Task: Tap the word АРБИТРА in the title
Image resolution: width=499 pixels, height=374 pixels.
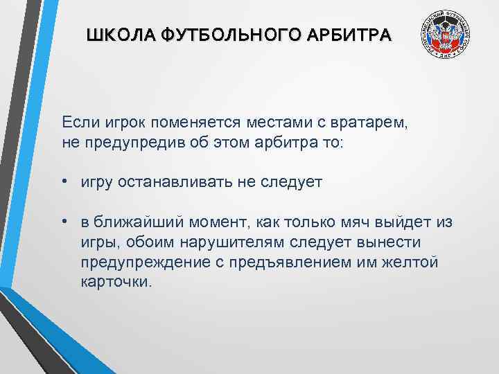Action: [355, 34]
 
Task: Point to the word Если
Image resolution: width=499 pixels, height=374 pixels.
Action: [80, 123]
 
